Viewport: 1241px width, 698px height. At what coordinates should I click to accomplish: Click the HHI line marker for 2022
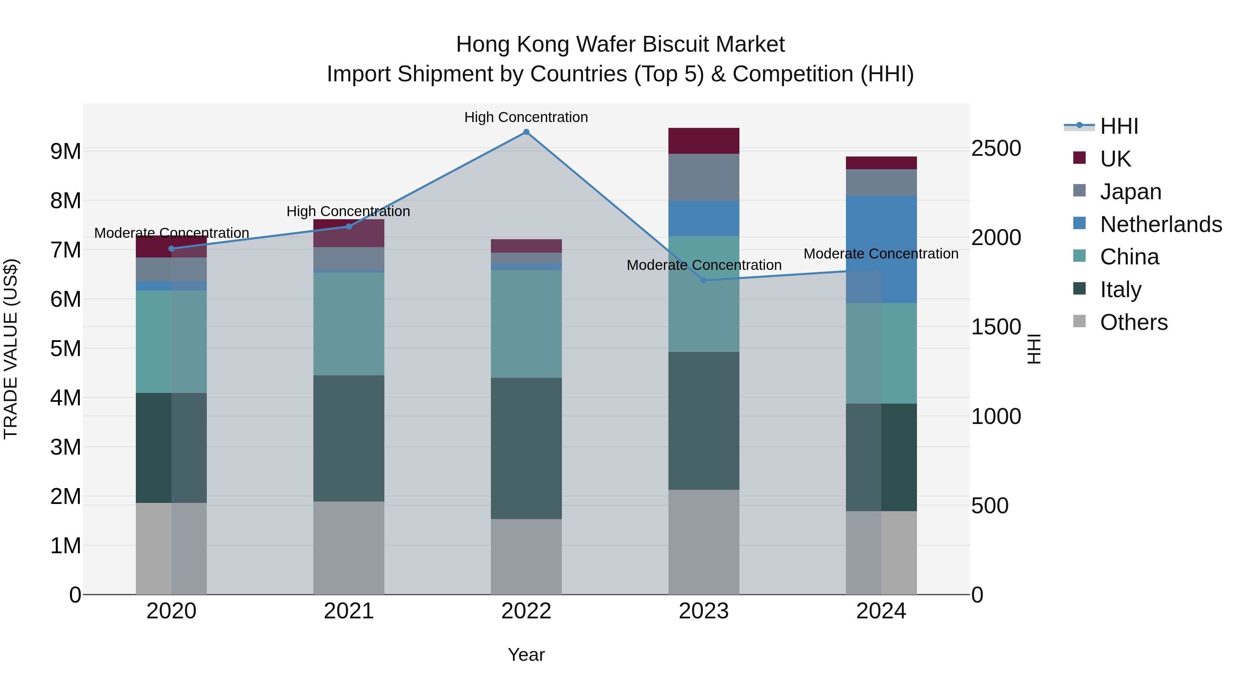point(526,132)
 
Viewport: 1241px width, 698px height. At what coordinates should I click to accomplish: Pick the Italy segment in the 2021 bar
point(349,438)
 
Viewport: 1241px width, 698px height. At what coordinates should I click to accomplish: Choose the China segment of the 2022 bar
point(526,324)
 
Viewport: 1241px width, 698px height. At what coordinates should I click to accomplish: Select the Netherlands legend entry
point(1161,224)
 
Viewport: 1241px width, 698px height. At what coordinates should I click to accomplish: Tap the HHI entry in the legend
point(1119,126)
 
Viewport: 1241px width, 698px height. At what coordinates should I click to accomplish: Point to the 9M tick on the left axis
point(65,151)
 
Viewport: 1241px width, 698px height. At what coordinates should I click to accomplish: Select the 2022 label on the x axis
point(526,611)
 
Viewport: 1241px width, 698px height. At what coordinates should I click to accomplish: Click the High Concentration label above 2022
point(526,117)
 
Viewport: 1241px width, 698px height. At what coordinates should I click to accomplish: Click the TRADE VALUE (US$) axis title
point(11,349)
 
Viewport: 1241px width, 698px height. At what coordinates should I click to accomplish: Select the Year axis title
point(526,655)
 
